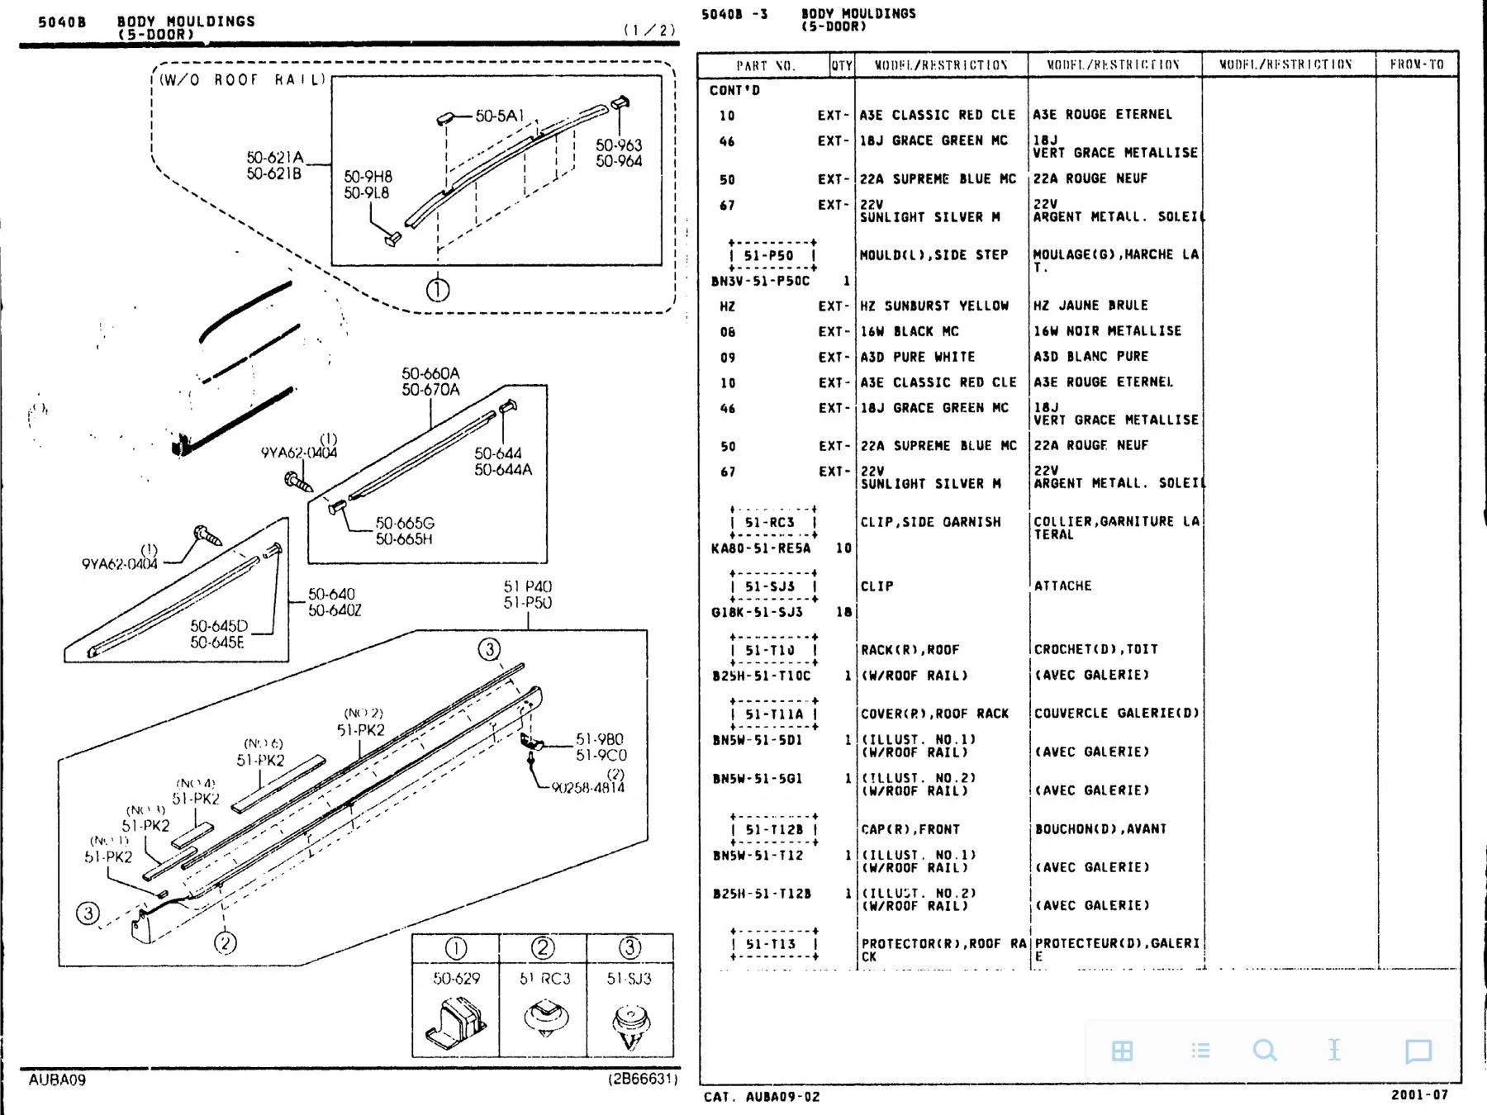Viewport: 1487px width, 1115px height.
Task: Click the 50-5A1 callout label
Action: (499, 116)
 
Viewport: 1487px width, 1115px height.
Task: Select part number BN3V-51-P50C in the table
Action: (760, 281)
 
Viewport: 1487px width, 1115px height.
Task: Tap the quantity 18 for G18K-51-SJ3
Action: (843, 612)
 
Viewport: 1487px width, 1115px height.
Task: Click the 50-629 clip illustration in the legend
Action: (455, 1022)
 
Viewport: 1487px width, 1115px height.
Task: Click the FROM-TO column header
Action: (1416, 64)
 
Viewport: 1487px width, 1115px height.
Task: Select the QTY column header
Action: (842, 65)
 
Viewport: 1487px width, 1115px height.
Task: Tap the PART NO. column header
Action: (765, 65)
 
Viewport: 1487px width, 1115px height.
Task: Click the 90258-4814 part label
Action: (587, 788)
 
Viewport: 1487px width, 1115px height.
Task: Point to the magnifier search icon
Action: (1265, 1051)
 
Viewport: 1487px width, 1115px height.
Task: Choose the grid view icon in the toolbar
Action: (1122, 1051)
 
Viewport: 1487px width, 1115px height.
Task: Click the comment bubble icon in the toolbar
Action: (1418, 1051)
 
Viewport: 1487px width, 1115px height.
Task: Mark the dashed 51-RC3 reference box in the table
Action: (772, 522)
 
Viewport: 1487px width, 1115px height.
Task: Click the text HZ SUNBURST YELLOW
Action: (934, 306)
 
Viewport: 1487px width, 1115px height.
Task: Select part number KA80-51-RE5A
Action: (761, 548)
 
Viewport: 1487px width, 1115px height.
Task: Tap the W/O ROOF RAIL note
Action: (242, 80)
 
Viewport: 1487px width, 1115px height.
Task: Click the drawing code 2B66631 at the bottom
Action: (643, 1079)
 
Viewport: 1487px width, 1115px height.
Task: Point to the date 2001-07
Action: (1419, 1094)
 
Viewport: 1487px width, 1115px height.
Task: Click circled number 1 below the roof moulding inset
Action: (438, 290)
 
